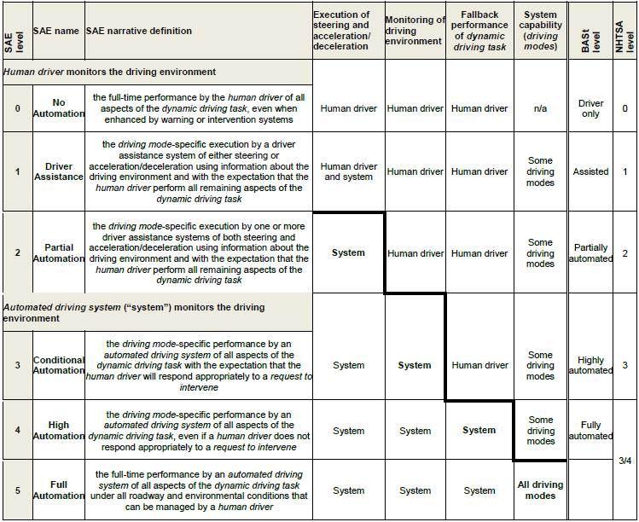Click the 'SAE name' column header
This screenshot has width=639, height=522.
[x=56, y=31]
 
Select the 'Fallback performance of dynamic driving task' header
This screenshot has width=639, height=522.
[x=479, y=32]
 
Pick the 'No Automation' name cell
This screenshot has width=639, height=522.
[x=58, y=108]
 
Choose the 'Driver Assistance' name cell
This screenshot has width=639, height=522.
[x=58, y=171]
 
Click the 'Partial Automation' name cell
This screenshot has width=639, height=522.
[x=58, y=253]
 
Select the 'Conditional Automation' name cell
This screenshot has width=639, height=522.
[x=58, y=365]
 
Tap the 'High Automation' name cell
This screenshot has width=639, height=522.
[x=58, y=430]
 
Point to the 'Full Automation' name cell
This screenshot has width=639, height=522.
[x=58, y=490]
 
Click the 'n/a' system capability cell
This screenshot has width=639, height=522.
[x=540, y=108]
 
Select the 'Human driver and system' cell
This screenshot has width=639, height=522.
[x=348, y=171]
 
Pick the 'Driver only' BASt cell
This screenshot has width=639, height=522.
[x=590, y=108]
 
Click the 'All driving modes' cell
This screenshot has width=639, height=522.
[x=540, y=490]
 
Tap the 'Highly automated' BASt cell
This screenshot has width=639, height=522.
[x=590, y=365]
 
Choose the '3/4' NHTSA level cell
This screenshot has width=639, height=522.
[x=624, y=461]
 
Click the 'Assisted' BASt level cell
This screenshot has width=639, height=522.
[x=590, y=171]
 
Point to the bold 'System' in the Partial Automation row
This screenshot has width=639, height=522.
[x=348, y=253]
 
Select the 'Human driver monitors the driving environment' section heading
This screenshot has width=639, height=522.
[x=109, y=72]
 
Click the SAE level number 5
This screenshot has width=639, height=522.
[x=17, y=490]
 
